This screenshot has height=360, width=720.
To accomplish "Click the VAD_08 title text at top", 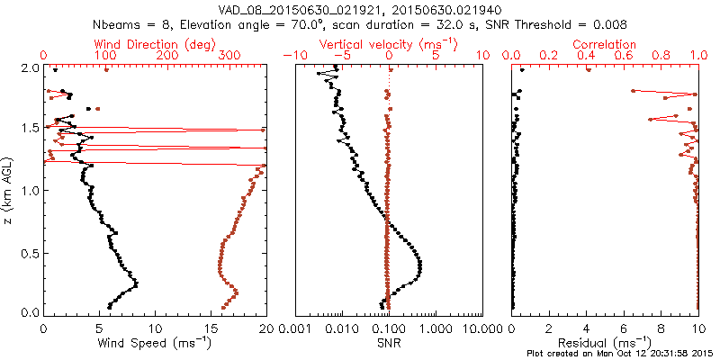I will (x=359, y=9).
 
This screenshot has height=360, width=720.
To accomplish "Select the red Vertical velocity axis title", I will (x=389, y=44).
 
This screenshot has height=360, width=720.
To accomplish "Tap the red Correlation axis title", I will (x=605, y=44).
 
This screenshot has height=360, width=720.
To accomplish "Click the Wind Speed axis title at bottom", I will (x=155, y=343).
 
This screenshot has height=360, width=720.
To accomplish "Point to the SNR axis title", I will (x=389, y=343).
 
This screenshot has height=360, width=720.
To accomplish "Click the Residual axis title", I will (x=605, y=343).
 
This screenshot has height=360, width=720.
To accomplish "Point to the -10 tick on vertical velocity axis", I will (x=294, y=56).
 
